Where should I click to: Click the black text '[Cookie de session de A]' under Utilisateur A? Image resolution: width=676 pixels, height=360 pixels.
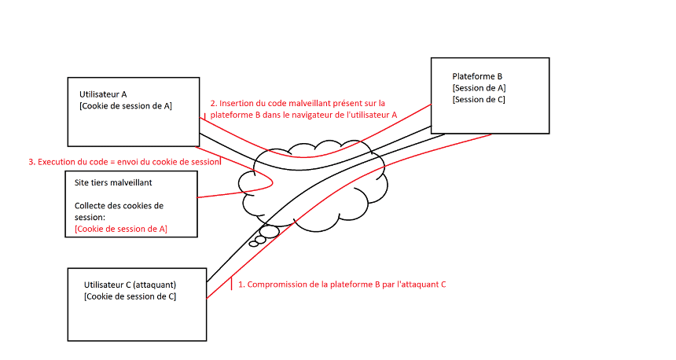(125, 105)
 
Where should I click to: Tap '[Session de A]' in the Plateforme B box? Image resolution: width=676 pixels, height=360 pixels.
(479, 88)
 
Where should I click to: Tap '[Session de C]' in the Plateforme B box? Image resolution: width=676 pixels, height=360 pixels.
(479, 99)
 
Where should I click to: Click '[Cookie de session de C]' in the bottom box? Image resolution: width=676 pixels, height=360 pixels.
(130, 296)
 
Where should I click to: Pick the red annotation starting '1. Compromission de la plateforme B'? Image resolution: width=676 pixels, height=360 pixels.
(341, 285)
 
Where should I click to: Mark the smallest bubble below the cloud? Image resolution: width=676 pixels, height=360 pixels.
(253, 244)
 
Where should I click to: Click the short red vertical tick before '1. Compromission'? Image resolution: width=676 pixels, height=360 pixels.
(231, 283)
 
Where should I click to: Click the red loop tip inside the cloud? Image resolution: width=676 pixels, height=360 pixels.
(272, 182)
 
